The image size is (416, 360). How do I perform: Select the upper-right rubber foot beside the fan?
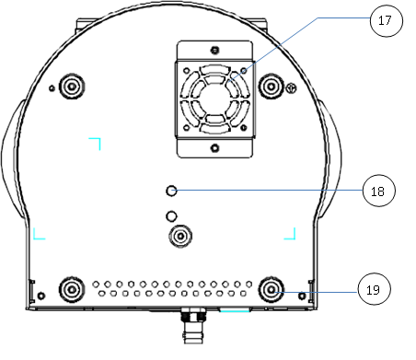click(x=271, y=87)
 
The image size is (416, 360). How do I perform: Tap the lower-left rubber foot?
click(x=71, y=289)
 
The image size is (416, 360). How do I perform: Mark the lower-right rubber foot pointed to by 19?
click(x=271, y=289)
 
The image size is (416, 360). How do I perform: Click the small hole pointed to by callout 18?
click(x=171, y=191)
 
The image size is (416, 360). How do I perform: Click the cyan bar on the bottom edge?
click(x=236, y=311)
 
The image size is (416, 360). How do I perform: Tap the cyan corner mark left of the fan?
click(x=95, y=141)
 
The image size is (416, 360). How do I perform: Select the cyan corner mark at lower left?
click(x=38, y=234)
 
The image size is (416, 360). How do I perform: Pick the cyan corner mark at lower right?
click(x=291, y=234)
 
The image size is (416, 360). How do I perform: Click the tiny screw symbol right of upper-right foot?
click(x=291, y=88)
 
